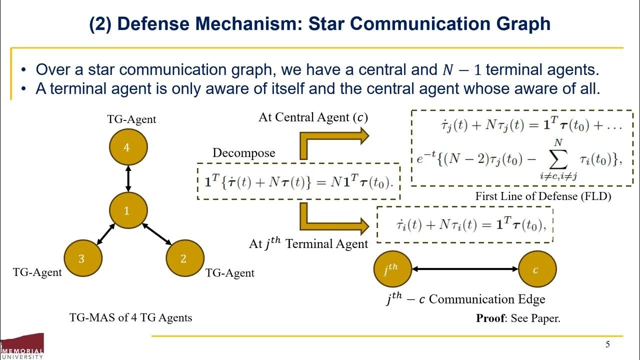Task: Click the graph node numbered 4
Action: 128,147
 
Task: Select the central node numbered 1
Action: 128,210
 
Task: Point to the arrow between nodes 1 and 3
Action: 105,234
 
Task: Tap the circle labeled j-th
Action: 392,269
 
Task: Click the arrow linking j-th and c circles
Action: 465,269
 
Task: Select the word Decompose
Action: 243,152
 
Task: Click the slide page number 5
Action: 607,344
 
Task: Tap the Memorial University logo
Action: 22,346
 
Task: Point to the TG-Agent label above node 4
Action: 131,119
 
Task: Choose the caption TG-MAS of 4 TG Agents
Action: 130,317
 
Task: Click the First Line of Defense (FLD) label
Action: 543,196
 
